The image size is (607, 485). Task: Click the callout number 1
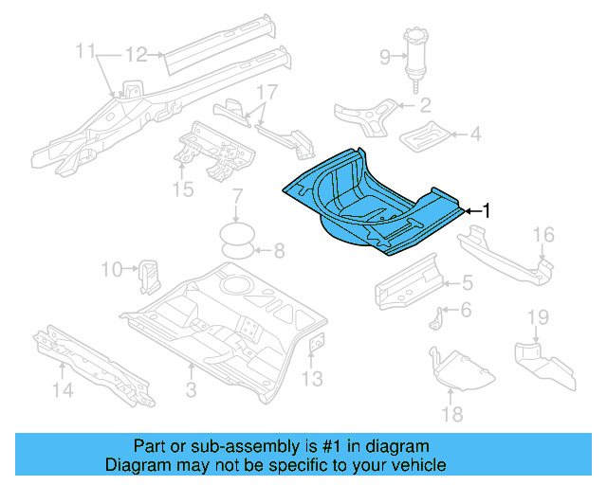click(487, 210)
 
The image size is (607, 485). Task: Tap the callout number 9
click(385, 57)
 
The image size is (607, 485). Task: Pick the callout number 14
click(62, 388)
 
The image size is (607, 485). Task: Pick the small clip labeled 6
click(438, 316)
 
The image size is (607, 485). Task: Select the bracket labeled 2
click(369, 114)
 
